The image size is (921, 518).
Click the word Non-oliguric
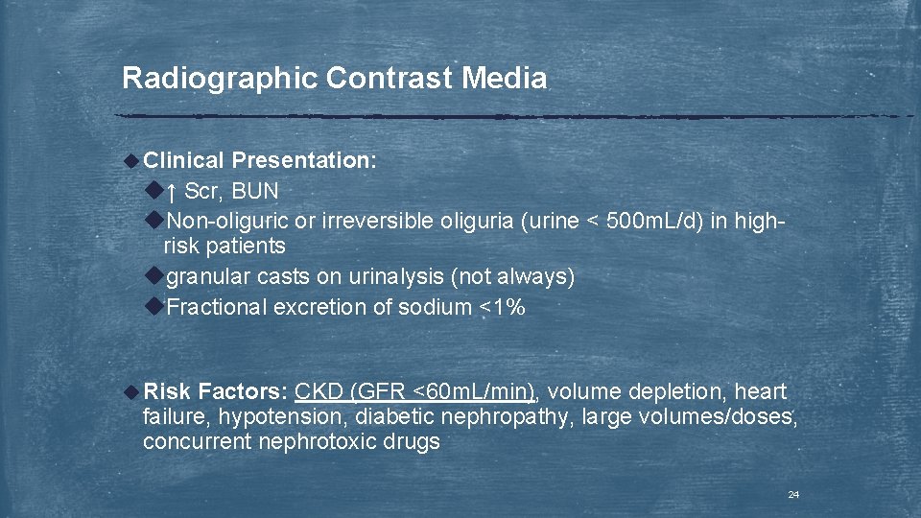[227, 221]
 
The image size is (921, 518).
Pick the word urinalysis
[396, 277]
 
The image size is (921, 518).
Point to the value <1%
[503, 307]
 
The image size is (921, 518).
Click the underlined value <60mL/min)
[475, 391]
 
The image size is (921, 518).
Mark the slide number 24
[792, 495]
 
